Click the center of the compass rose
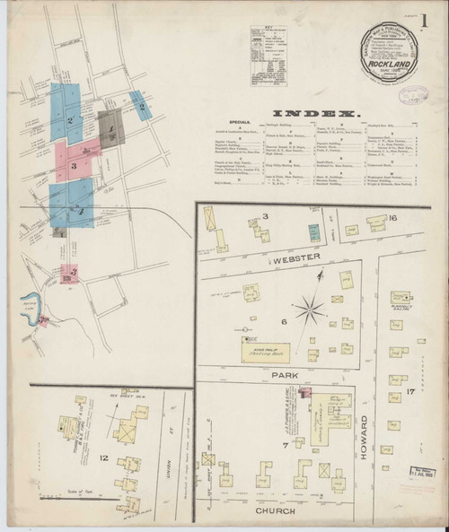click(314, 310)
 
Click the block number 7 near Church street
click(260, 468)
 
